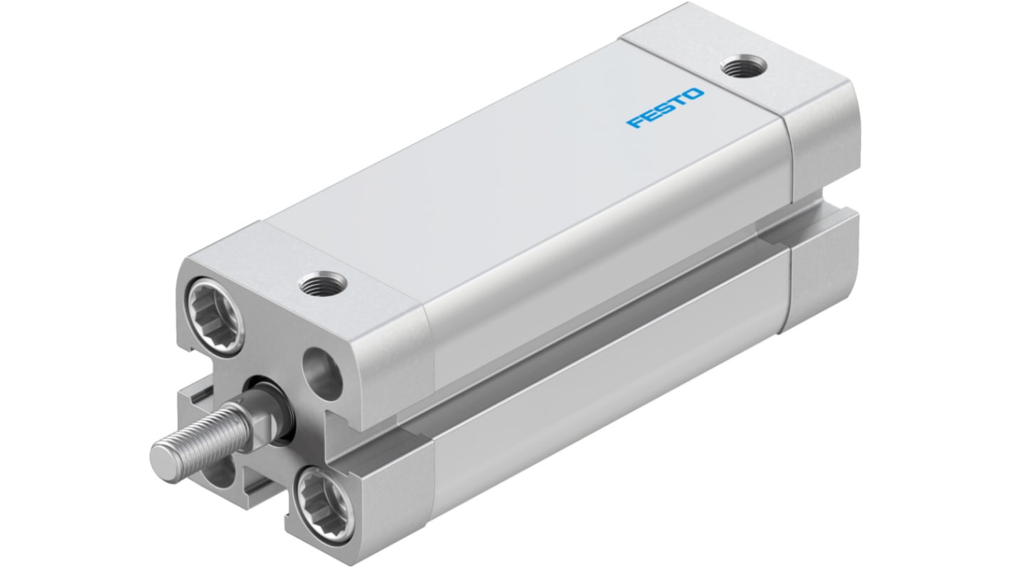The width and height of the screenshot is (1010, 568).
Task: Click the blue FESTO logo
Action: click(x=665, y=107)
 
